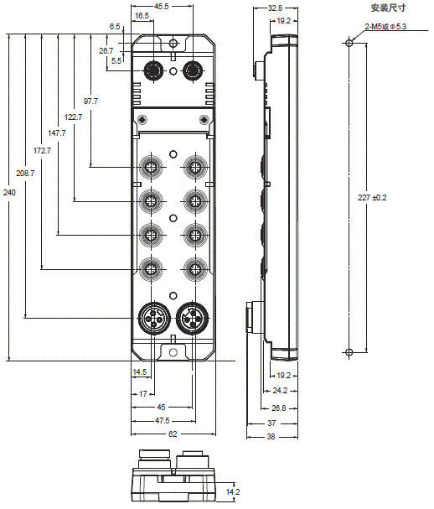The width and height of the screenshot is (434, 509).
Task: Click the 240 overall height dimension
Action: pos(9,193)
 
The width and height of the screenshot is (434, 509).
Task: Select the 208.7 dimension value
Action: pos(25,174)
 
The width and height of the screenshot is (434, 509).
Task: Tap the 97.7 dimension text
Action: pos(90,101)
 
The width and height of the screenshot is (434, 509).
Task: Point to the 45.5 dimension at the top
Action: pos(162,7)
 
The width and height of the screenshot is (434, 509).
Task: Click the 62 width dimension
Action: pos(173,434)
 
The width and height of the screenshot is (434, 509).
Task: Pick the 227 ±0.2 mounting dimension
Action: pos(372,197)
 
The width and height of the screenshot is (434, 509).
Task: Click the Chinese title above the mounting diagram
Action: pos(388,8)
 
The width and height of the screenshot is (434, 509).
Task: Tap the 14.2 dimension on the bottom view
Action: pos(233,491)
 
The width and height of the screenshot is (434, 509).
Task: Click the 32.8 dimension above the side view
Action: pos(275,8)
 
